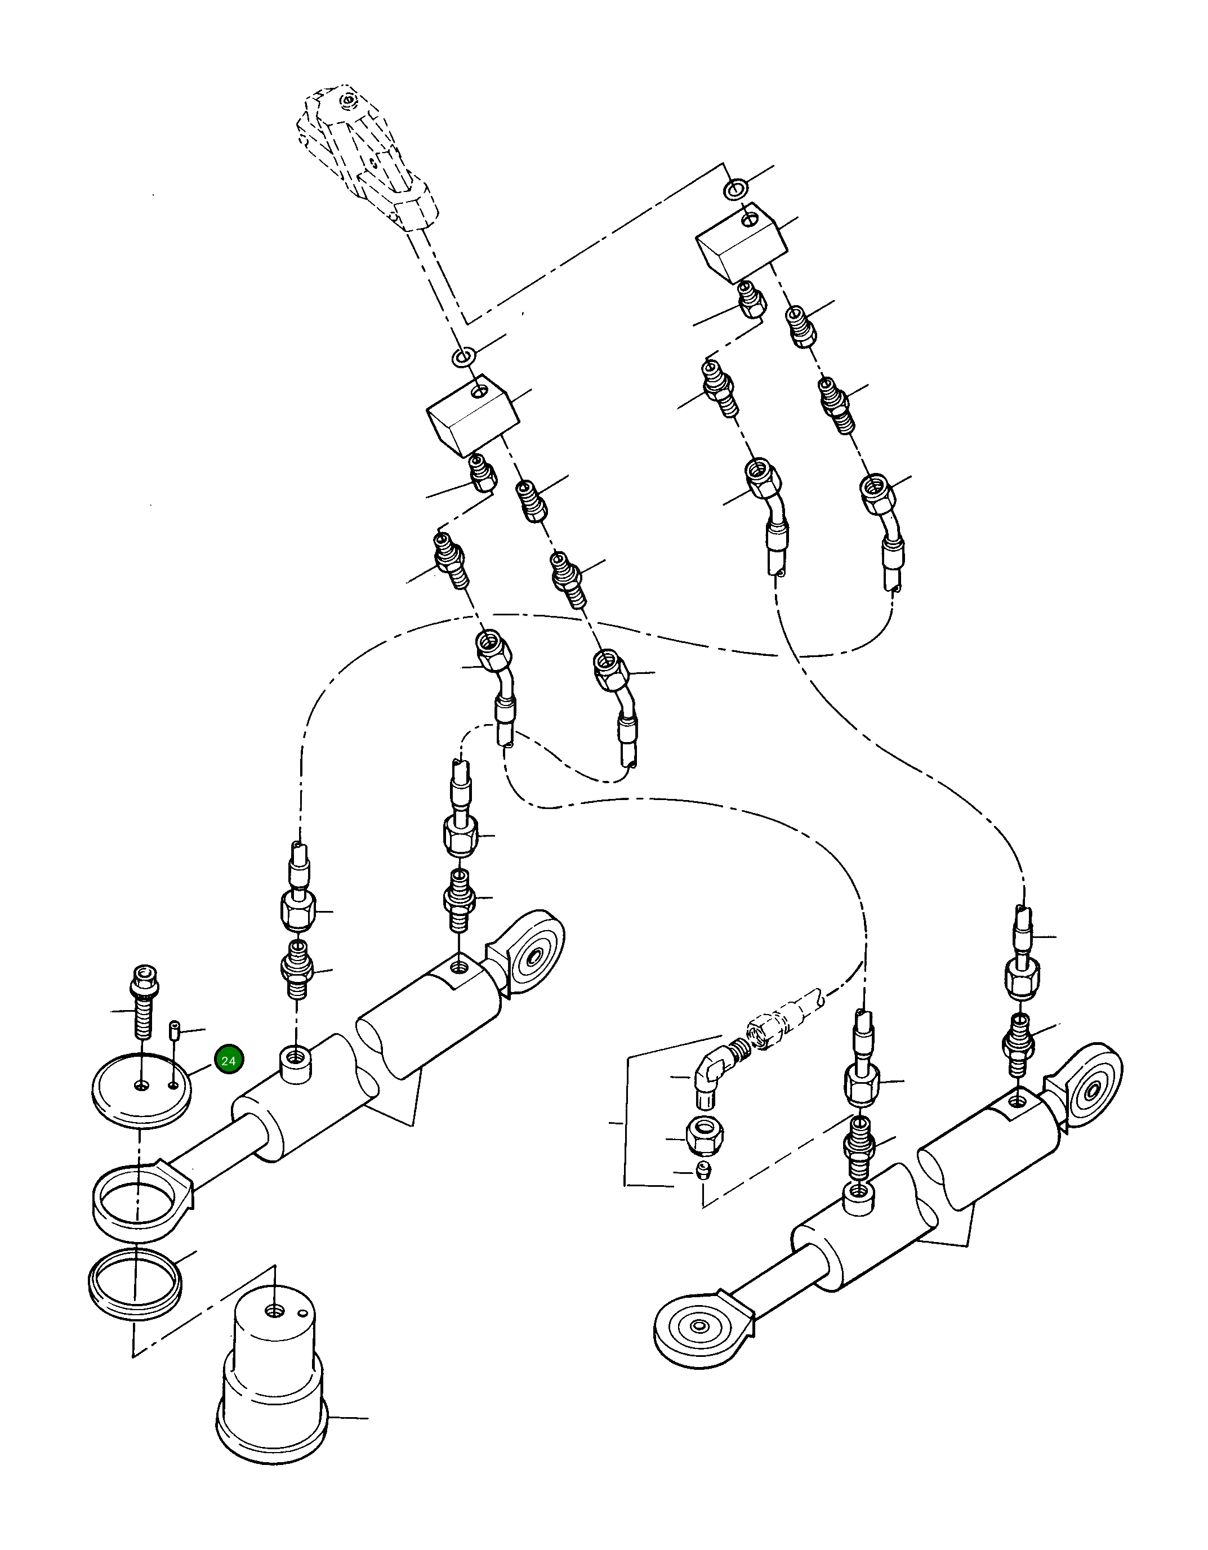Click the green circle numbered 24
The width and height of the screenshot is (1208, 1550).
coord(229,1061)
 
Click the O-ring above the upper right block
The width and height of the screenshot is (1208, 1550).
coord(734,190)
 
